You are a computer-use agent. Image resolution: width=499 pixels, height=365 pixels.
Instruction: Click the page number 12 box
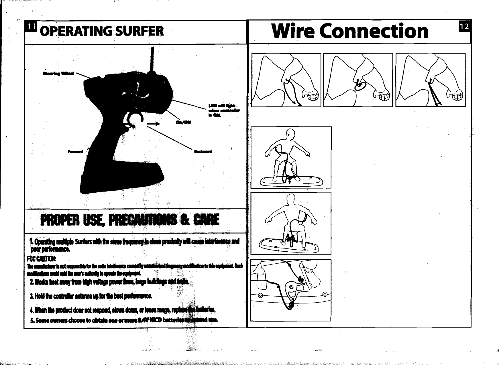[x=465, y=27]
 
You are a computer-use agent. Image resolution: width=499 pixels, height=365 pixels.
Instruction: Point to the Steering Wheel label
[x=58, y=74]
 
